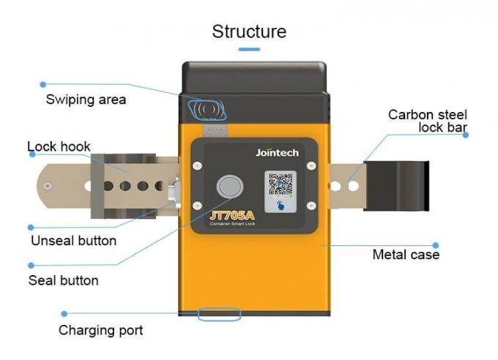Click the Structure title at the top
(249, 31)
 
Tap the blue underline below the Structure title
(249, 49)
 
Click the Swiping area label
(86, 100)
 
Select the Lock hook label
(59, 146)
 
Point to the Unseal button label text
(73, 240)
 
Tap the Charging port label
(100, 330)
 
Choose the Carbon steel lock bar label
(428, 121)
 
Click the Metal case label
(406, 255)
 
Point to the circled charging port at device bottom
(218, 315)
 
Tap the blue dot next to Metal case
(435, 246)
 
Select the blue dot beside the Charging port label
(64, 313)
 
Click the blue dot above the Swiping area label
(43, 84)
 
